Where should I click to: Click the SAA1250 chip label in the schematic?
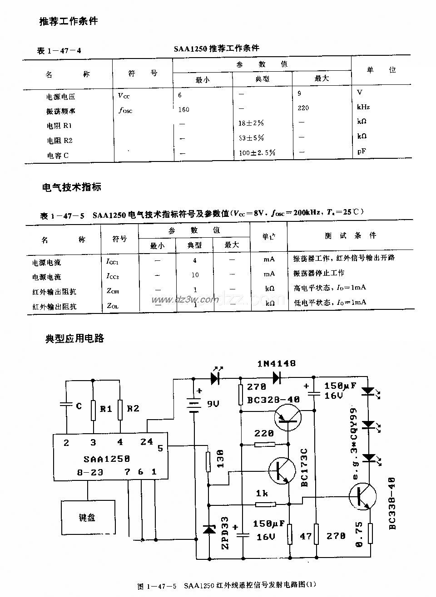pyautogui.click(x=106, y=459)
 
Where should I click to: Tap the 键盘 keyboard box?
pyautogui.click(x=87, y=517)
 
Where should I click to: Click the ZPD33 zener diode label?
pyautogui.click(x=225, y=533)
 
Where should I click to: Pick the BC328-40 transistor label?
pyautogui.click(x=273, y=400)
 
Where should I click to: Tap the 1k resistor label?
pyautogui.click(x=262, y=493)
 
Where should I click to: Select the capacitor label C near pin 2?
pyautogui.click(x=79, y=406)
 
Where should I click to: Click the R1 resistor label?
pyautogui.click(x=106, y=409)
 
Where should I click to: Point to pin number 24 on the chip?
pyautogui.click(x=147, y=441)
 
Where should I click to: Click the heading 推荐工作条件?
pyautogui.click(x=69, y=21)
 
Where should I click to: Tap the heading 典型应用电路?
pyautogui.click(x=74, y=338)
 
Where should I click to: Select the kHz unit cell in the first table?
pyautogui.click(x=363, y=107)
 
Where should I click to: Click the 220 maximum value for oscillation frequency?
pyautogui.click(x=303, y=108)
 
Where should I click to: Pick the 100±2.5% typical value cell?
pyautogui.click(x=257, y=153)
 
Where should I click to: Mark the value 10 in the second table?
pyautogui.click(x=195, y=275)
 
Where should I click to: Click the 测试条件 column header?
pyautogui.click(x=351, y=235)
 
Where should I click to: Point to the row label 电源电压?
pyautogui.click(x=61, y=97)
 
